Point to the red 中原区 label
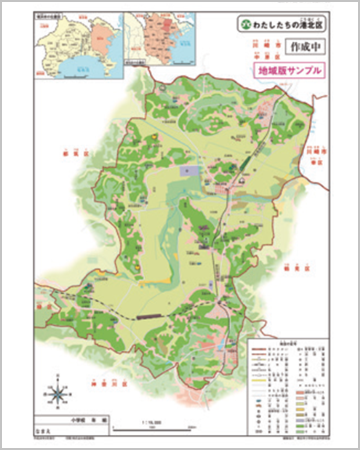[x=262, y=56]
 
